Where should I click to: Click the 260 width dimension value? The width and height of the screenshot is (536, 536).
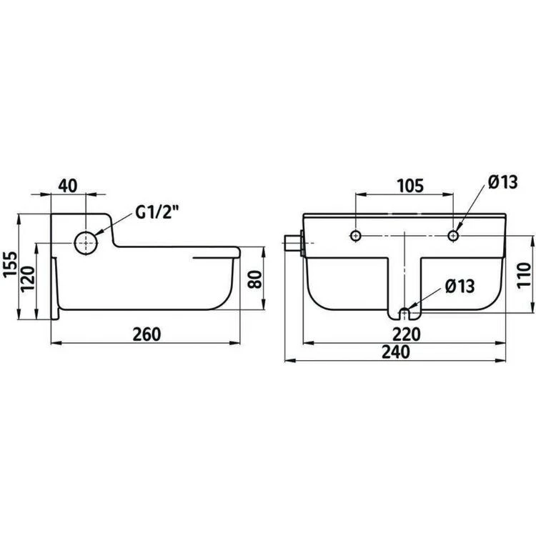147,334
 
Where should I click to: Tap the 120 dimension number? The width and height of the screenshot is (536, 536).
28,279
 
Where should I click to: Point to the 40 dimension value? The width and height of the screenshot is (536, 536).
68,186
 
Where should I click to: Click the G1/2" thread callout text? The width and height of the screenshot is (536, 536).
157,213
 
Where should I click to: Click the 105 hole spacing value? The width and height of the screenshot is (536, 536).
410,186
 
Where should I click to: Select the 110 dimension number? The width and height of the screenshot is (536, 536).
524,276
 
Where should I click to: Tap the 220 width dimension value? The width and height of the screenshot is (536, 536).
406,334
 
